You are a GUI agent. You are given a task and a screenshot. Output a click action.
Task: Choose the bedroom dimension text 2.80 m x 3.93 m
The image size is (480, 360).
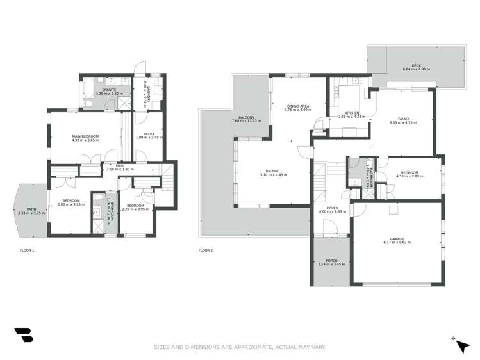click(67, 204)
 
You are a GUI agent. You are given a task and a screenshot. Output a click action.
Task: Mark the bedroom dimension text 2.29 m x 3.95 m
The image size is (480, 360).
click(135, 208)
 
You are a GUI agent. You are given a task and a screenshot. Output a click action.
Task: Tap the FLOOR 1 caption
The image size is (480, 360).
click(27, 250)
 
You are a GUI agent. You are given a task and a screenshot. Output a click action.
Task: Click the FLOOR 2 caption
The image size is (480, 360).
click(206, 250)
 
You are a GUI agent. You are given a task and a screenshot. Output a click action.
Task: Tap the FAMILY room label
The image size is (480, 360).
click(404, 119)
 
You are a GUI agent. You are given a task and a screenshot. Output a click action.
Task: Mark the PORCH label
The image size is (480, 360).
click(331, 261)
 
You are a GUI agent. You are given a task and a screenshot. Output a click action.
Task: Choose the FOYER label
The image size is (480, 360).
click(333, 208)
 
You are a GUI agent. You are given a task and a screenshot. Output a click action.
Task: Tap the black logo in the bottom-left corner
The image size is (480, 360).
click(23, 336)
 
